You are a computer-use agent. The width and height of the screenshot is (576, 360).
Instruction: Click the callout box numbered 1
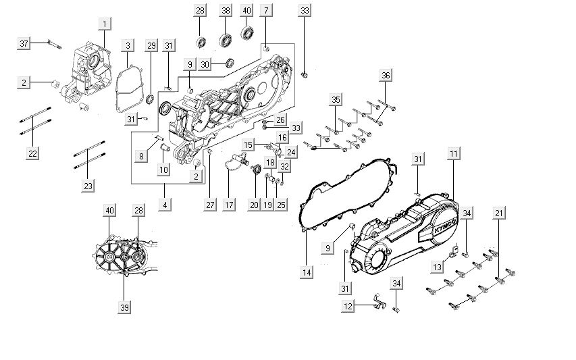coord(105,24)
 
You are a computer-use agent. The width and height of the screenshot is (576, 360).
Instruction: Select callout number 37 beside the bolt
coord(24,43)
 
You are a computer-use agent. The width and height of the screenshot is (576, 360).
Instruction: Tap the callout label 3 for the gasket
coord(127,45)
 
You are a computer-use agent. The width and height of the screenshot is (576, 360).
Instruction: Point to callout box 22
coord(32,153)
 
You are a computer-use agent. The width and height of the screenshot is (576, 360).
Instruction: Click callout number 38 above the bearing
coord(225,10)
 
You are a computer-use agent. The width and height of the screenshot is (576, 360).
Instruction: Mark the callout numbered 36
coord(386,75)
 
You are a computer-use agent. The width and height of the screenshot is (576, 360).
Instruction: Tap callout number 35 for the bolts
coord(336,100)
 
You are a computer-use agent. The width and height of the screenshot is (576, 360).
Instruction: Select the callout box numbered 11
coord(453,154)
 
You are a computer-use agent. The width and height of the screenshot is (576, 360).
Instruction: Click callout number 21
coord(499,213)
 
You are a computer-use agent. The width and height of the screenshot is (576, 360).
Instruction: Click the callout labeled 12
coord(348,307)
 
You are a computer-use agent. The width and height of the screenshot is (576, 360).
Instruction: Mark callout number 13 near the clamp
coord(437,267)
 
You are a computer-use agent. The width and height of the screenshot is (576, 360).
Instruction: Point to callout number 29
coord(152,45)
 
